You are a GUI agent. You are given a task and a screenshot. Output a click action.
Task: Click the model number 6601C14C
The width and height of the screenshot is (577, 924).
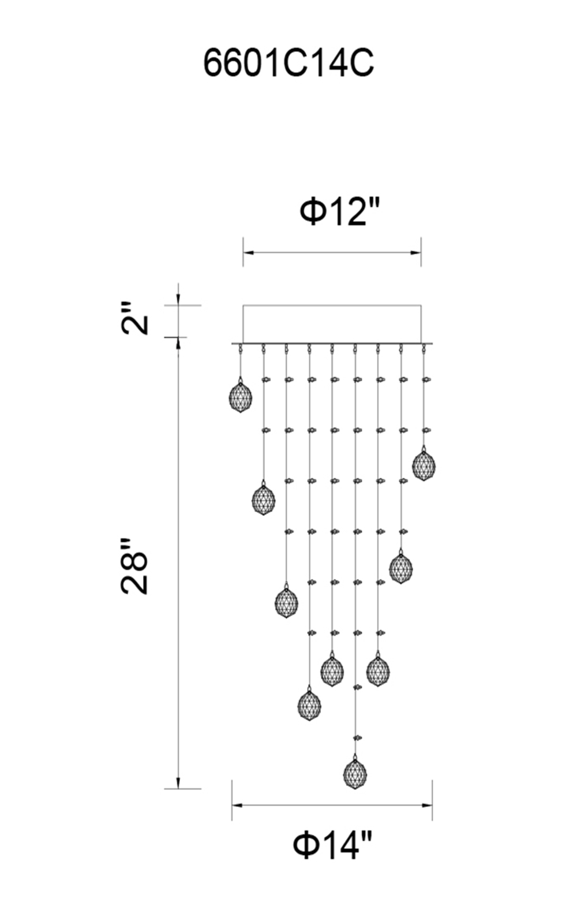pyautogui.click(x=288, y=63)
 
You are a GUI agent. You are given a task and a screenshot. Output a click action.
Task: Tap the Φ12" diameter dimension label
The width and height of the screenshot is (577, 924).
pyautogui.click(x=340, y=211)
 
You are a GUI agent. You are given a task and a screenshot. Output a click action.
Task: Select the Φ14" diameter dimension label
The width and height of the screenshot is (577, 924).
pyautogui.click(x=333, y=845)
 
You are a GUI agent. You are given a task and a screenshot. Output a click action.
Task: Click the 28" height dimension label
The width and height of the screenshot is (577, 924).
pyautogui.click(x=136, y=566)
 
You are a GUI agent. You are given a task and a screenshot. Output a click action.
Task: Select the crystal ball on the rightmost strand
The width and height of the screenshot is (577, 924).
pyautogui.click(x=424, y=465)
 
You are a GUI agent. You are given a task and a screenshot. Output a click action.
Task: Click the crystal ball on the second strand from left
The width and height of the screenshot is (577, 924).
pyautogui.click(x=263, y=500)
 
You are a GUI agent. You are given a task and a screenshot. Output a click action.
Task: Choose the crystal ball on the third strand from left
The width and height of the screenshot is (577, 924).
pyautogui.click(x=286, y=602)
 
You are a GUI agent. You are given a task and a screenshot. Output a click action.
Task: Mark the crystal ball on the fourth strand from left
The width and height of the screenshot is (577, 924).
pyautogui.click(x=309, y=705)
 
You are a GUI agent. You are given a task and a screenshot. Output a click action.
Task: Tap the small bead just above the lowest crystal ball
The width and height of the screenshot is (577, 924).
pyautogui.click(x=357, y=737)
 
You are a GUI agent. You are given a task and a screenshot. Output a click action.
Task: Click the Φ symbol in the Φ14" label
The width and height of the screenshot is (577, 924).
pyautogui.click(x=305, y=845)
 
